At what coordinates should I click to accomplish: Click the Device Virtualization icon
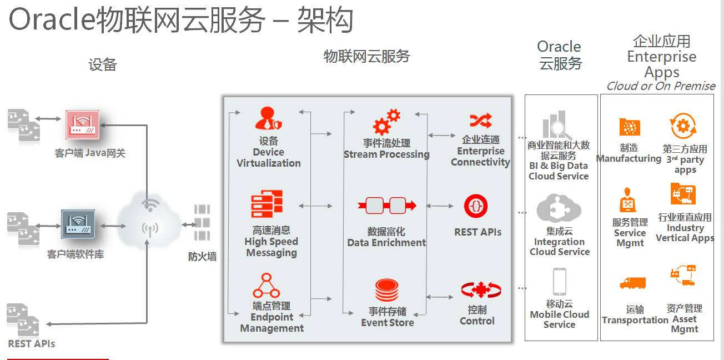coord(269,119)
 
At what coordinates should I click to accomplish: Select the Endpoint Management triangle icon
coord(265,286)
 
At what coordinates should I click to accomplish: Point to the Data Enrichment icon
coord(387,206)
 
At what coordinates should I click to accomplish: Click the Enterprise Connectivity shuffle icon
coord(481,121)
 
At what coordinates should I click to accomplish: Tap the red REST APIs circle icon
coord(476,206)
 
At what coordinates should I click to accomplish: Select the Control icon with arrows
coord(481,290)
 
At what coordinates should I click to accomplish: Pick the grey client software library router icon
coord(78,224)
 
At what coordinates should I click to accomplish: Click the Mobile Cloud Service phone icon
coord(559,282)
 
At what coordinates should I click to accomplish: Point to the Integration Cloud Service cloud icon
coord(559,209)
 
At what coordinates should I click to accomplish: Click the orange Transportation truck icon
coord(632,283)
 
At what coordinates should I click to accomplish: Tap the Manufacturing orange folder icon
coord(630,127)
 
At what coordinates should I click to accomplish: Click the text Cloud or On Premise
coord(661,86)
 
